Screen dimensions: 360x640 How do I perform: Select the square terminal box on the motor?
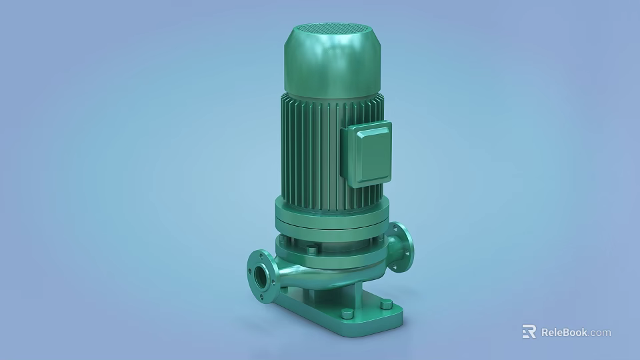(367, 151)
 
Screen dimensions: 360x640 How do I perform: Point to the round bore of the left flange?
(257, 273)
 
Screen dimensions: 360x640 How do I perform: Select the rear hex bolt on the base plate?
(386, 304)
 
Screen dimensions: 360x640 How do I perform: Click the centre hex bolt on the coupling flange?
(311, 250)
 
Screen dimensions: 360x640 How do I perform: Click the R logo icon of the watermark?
(529, 332)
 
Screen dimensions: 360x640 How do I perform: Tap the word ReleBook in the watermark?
(563, 332)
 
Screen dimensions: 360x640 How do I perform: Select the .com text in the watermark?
(599, 332)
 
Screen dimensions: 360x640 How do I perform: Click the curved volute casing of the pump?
(313, 273)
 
